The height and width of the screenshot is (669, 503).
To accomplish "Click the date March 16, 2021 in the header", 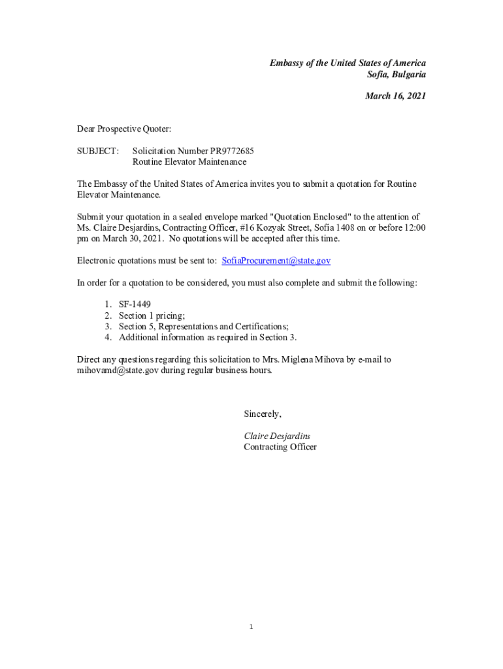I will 395,96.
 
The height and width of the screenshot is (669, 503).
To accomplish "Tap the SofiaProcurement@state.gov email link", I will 276,261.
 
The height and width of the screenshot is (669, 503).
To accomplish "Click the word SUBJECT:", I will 98,151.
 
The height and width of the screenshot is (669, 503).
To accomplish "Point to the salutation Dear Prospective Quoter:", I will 124,129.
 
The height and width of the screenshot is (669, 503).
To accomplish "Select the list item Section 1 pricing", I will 151,316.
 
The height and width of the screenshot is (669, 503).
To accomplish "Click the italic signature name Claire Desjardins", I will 277,436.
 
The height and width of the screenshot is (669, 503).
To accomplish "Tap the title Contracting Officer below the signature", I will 280,447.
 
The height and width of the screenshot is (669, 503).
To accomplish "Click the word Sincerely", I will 263,414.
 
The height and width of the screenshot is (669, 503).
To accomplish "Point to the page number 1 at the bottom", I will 251,628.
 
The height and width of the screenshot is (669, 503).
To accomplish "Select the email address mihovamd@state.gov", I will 118,370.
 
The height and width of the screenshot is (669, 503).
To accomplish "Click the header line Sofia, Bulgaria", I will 397,74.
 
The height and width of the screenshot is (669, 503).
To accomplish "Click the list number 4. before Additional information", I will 108,338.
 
